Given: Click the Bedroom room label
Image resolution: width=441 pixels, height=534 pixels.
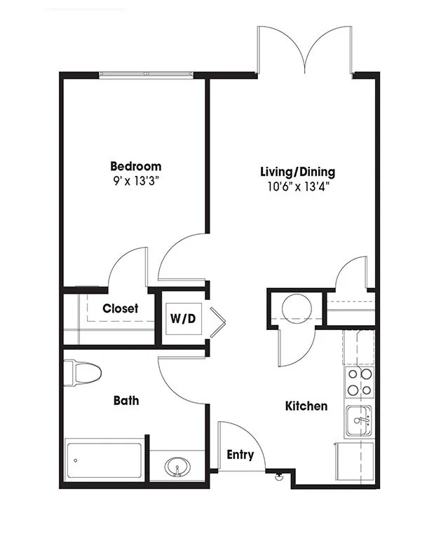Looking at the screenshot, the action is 135,166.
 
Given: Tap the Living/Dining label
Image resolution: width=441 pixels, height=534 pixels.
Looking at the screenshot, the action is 297,172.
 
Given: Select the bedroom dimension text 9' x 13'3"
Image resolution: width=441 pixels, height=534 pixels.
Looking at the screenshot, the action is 136,181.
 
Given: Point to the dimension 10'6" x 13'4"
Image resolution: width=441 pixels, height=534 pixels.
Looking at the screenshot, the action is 298,186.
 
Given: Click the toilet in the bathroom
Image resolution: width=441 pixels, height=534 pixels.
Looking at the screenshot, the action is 83,373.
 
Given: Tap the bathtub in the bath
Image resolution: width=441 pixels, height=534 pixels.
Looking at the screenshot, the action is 104,460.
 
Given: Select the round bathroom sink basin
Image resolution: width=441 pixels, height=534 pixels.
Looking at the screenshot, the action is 177,467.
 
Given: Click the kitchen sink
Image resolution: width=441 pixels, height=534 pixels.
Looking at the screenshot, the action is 359,420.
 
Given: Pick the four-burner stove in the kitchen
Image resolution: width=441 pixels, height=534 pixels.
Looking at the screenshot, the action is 360,382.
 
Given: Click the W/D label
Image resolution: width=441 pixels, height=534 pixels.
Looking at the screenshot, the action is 183,319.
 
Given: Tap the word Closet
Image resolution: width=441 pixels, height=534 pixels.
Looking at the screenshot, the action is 121,308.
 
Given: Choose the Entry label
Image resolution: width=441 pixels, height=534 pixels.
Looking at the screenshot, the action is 240,455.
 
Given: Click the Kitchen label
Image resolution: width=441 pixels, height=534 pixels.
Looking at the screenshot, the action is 306,406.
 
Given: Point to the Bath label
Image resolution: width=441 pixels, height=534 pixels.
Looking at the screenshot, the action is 126,401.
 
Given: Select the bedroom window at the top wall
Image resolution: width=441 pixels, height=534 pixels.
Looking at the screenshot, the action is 147,74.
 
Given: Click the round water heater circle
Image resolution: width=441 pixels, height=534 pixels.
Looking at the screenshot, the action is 297,309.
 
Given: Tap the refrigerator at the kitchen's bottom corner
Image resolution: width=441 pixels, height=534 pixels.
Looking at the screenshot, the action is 355,461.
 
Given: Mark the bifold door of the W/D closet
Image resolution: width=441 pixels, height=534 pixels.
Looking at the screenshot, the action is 218,322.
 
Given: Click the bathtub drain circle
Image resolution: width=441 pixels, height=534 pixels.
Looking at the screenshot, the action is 75,460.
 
